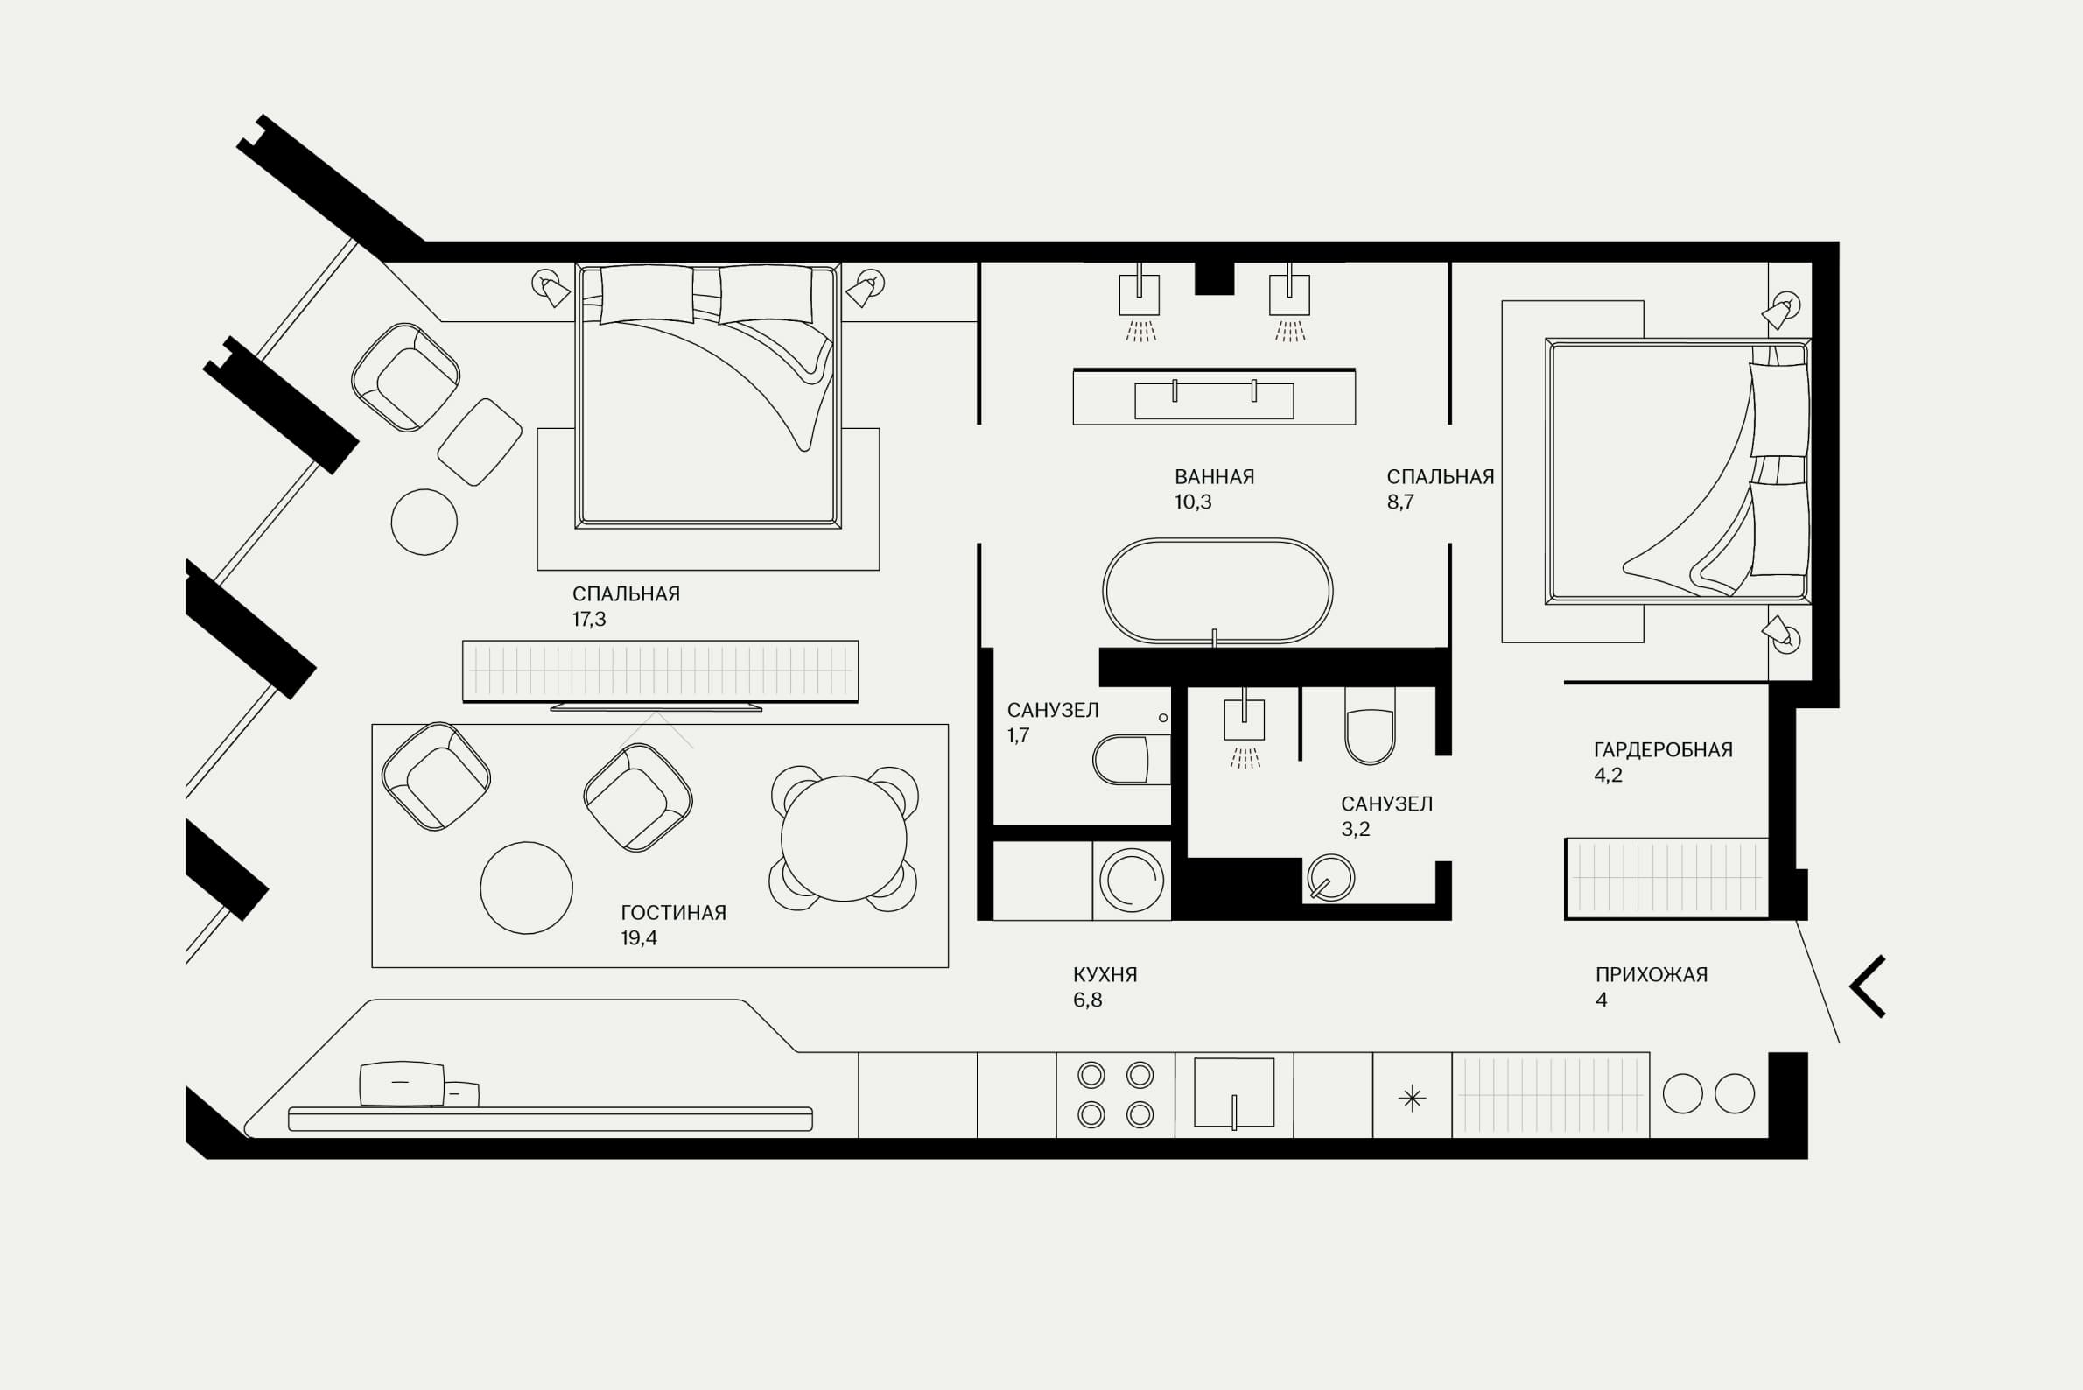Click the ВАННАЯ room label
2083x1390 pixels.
[x=1213, y=477]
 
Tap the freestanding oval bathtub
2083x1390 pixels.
[x=1217, y=590]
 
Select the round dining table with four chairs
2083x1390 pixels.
[x=844, y=839]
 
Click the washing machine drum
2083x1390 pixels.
[x=1131, y=881]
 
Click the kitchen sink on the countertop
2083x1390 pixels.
[x=1234, y=1093]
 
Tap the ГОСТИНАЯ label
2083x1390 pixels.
[x=673, y=913]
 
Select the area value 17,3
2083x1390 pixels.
[x=588, y=620]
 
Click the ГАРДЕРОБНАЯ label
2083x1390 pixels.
[x=1663, y=750]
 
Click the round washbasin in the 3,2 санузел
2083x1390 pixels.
[x=1329, y=878]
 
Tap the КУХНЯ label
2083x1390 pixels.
[x=1105, y=975]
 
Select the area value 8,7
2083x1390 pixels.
[x=1400, y=502]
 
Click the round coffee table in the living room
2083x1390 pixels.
[x=527, y=888]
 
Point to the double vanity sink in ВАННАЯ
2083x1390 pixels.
[x=1213, y=397]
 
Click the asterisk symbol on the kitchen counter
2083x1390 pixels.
[x=1412, y=1099]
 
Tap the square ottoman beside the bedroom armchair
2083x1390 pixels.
[x=480, y=441]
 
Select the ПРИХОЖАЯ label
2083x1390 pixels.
[x=1652, y=975]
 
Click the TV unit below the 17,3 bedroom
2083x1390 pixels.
[x=661, y=672]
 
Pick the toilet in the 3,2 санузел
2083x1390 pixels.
[x=1370, y=725]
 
